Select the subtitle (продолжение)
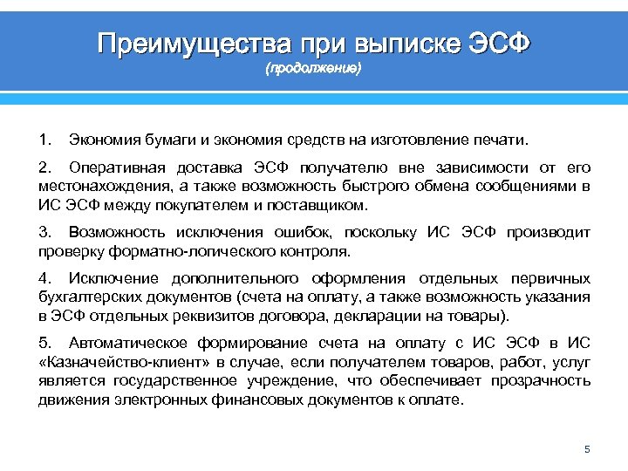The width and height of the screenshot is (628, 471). pyautogui.click(x=313, y=68)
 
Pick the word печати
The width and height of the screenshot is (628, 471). pyautogui.click(x=497, y=140)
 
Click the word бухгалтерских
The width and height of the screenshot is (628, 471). pyautogui.click(x=90, y=297)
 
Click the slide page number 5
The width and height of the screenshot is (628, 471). pyautogui.click(x=587, y=449)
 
